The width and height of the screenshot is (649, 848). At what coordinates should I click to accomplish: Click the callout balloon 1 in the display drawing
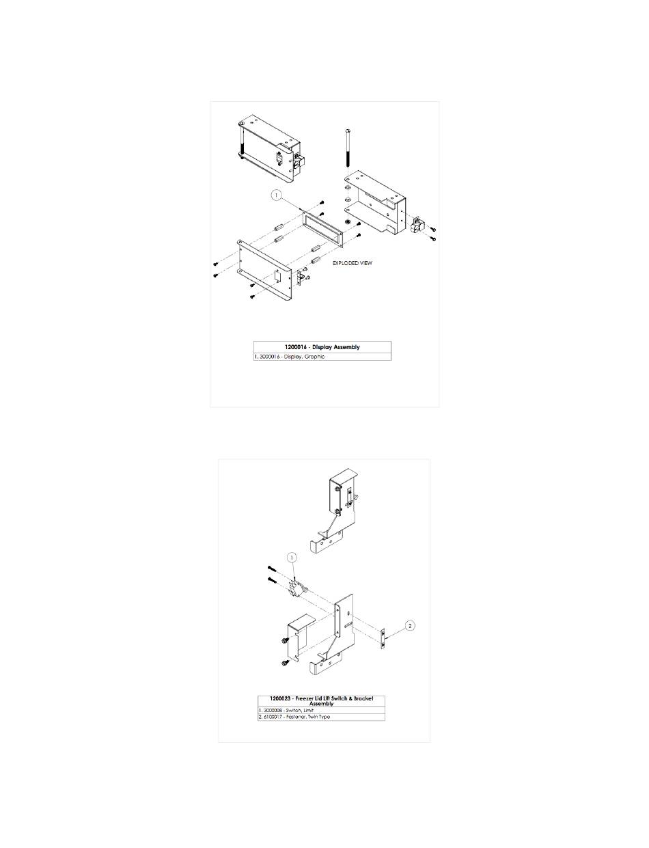[277, 195]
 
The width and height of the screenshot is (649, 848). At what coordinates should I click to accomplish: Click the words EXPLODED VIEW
[353, 262]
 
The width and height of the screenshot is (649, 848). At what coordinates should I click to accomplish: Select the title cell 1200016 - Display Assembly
[322, 347]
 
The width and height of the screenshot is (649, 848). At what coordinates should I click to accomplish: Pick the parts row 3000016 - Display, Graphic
[322, 357]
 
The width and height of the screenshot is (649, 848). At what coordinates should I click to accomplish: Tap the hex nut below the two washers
[347, 221]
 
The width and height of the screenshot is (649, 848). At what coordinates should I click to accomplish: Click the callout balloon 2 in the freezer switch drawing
[410, 625]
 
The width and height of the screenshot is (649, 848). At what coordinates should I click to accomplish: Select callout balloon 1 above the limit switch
[292, 558]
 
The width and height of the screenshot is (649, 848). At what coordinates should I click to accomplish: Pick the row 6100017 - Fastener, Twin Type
[321, 717]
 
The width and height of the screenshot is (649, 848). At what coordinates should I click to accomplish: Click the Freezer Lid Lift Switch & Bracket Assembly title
[321, 701]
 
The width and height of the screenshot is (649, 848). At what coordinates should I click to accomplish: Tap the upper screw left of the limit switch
[271, 569]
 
